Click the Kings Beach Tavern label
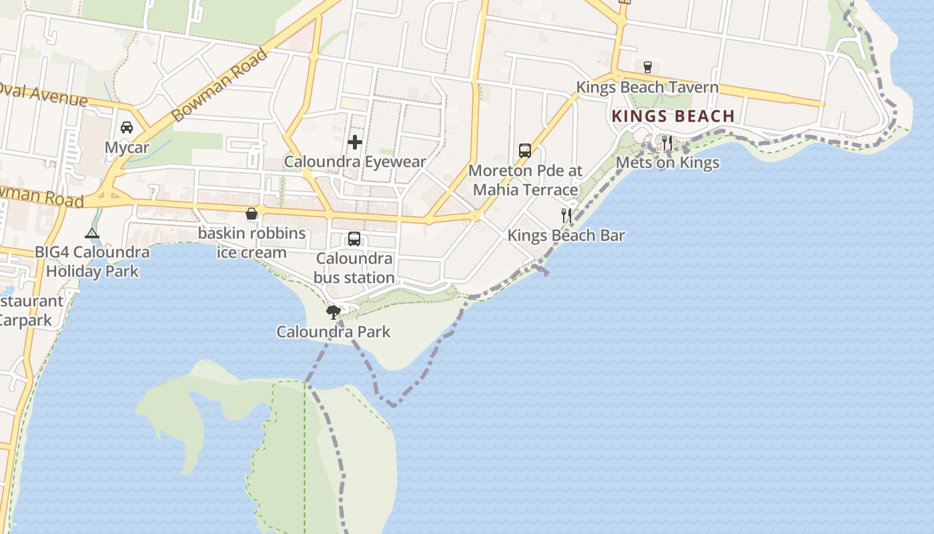point(647,87)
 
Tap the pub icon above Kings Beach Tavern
point(647,67)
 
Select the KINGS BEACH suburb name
point(673,116)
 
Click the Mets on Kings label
point(667,162)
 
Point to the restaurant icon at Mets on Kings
point(666,142)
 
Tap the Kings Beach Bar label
point(566,235)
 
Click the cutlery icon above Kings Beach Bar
point(566,215)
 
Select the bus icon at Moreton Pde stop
point(525,150)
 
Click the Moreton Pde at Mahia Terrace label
point(525,180)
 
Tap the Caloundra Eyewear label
point(355,162)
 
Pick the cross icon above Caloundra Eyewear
point(355,142)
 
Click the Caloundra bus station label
point(354,268)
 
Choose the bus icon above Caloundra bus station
point(354,238)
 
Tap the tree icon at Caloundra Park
point(333,312)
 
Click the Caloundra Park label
point(333,332)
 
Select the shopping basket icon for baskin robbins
point(252,214)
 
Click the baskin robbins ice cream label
point(252,243)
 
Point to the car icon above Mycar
point(127,127)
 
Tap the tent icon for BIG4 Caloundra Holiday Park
point(92,233)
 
